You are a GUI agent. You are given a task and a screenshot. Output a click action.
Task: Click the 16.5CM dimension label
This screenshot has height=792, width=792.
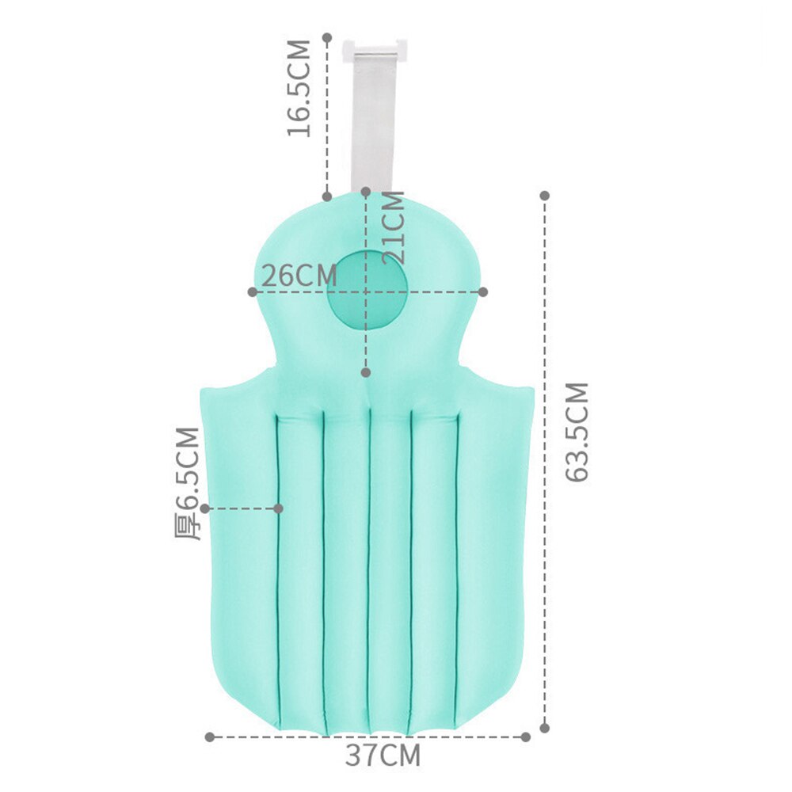coord(299,88)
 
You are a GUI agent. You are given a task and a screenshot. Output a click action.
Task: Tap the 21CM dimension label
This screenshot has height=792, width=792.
coord(394,227)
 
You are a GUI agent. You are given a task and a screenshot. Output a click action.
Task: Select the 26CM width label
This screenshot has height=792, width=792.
coord(299,276)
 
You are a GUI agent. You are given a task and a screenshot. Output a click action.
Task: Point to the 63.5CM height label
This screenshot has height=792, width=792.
coord(577,432)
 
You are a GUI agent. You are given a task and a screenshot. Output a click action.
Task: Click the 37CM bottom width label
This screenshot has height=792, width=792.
coord(383,755)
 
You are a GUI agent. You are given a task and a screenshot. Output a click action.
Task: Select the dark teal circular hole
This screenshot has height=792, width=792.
coord(367,290)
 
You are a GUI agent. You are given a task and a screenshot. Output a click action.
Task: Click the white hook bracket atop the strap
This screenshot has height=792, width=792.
coord(375,49)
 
